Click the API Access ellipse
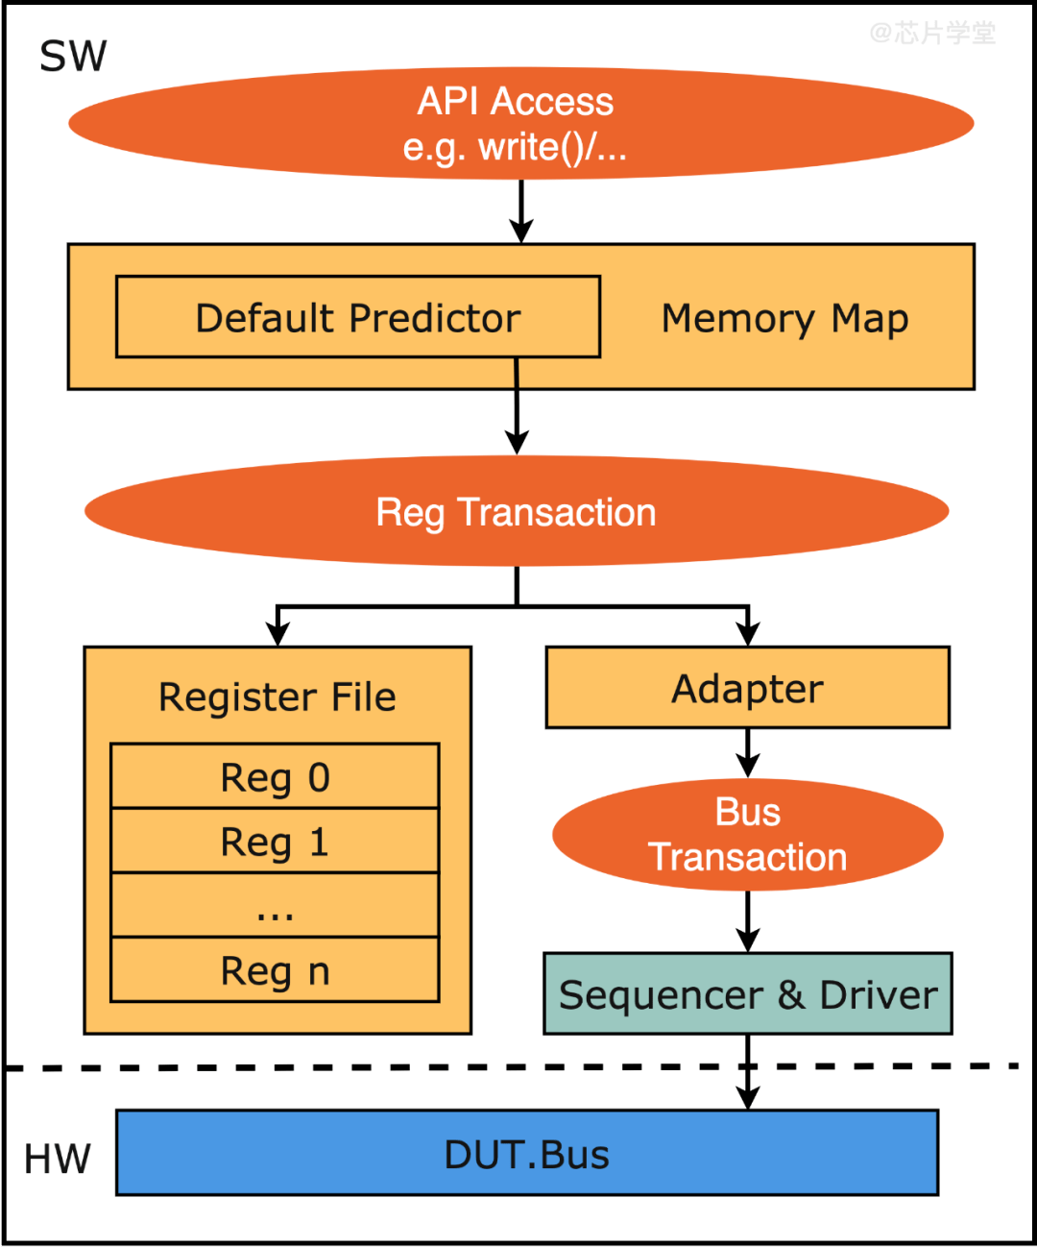click(520, 123)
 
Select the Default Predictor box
click(357, 317)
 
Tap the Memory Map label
click(784, 318)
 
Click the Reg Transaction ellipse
click(517, 511)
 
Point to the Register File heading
click(277, 697)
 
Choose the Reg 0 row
click(275, 776)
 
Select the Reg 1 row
click(275, 842)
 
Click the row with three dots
click(275, 906)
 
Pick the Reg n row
click(275, 970)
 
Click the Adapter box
click(747, 688)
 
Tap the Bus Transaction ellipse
click(747, 834)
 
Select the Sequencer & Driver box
click(747, 994)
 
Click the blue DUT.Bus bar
click(526, 1154)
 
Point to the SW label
click(73, 57)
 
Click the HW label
click(58, 1159)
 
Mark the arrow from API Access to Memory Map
click(520, 211)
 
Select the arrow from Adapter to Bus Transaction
click(747, 753)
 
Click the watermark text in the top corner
click(932, 34)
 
